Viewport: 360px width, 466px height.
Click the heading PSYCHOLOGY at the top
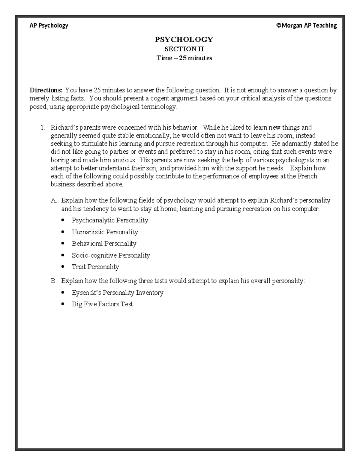coord(184,39)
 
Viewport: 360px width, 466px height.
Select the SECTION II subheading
coord(184,49)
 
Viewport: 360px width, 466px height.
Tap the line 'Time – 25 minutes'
coord(184,58)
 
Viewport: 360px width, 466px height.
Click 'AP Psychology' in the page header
coord(49,26)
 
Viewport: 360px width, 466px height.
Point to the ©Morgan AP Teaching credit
coord(306,26)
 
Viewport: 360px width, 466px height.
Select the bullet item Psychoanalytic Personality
coord(110,220)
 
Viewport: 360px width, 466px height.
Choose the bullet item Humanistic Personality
coord(105,232)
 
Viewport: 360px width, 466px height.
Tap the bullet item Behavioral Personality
coord(104,243)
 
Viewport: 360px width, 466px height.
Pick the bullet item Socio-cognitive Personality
coord(111,255)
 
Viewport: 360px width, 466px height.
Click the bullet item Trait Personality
coord(95,267)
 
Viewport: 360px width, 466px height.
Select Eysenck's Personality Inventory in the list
coord(117,293)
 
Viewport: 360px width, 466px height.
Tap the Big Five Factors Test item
coord(102,304)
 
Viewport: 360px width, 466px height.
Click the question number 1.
coord(43,128)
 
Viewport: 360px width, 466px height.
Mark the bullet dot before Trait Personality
coord(62,267)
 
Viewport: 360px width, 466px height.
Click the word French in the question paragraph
coord(307,176)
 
